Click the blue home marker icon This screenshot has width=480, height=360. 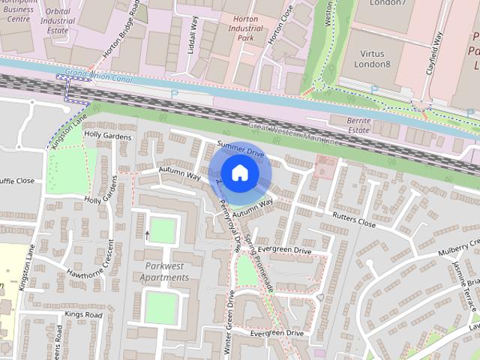pos(239,172)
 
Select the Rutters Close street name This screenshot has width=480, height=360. pos(355,219)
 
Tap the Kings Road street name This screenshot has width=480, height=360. pos(82,314)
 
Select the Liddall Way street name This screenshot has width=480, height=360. pos(193,34)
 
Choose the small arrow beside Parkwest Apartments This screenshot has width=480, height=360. pos(147,235)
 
